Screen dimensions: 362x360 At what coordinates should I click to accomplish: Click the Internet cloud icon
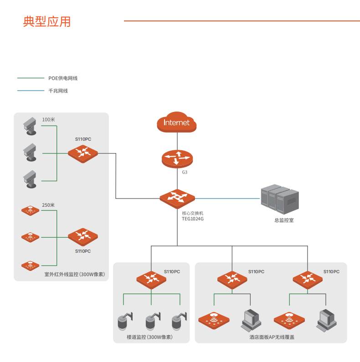pos(176,122)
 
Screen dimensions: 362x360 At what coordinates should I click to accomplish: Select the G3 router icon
pos(177,158)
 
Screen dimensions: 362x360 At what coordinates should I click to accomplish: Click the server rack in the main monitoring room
pos(279,199)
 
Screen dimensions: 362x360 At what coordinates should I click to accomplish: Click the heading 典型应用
pos(47,21)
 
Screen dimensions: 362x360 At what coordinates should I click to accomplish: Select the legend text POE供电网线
pos(63,78)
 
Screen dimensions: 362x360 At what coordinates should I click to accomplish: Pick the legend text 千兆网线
pos(58,91)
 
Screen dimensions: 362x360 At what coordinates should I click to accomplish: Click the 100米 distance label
pos(48,120)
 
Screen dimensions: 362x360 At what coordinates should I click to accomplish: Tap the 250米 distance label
pos(48,205)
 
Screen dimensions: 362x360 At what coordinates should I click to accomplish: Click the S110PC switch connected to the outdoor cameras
pos(83,153)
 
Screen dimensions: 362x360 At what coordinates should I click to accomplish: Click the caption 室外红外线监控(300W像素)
pos(75,275)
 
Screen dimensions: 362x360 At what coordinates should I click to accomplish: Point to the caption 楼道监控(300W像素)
pos(149,337)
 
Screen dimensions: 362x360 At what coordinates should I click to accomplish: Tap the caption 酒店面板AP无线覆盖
pos(272,337)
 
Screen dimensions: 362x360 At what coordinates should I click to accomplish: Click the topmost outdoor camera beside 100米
pos(30,125)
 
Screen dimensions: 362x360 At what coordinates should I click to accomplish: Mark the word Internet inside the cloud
pos(176,122)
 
